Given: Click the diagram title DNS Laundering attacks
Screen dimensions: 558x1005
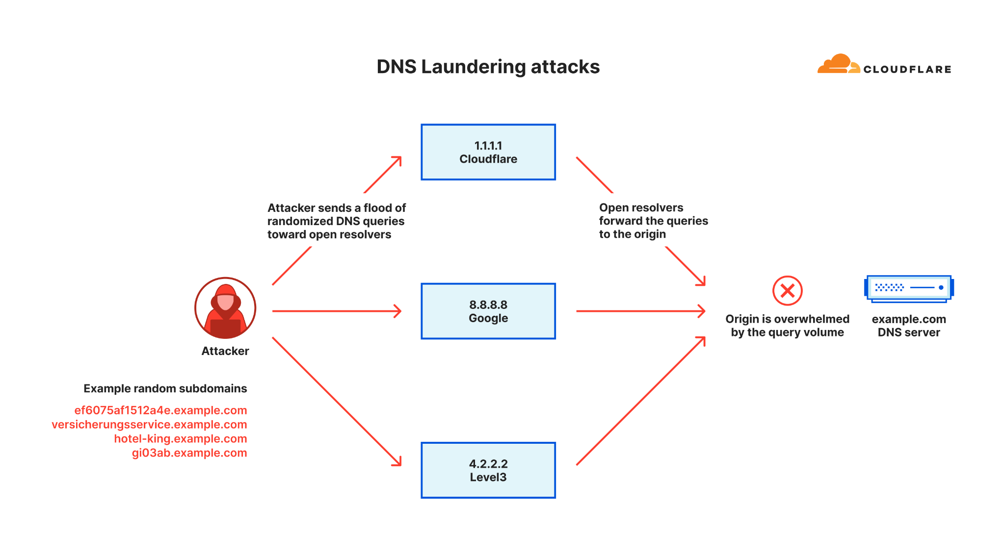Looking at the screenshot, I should tap(488, 67).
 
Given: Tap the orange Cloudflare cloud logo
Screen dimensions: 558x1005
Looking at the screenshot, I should tap(838, 64).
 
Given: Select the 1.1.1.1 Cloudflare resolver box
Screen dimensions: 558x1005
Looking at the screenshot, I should tap(488, 152).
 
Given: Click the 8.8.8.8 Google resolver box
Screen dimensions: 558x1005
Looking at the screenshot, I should tap(488, 311).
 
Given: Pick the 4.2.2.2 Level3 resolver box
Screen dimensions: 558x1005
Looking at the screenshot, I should tap(488, 470).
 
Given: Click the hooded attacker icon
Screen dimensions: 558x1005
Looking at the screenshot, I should tap(225, 308).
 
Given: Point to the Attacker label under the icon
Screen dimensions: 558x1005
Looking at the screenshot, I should tap(225, 351).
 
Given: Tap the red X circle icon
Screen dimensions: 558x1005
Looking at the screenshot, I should tap(787, 291).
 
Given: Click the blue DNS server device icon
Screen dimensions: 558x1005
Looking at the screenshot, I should tap(908, 288).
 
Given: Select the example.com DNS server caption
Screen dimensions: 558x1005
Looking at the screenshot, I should tap(909, 326).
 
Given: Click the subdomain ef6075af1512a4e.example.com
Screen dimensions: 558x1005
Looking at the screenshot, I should tap(160, 410).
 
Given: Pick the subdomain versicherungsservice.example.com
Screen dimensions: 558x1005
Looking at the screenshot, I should tap(149, 425).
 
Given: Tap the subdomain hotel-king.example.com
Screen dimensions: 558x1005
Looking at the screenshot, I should tap(181, 439).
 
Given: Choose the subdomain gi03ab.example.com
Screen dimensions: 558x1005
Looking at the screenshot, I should tap(189, 453).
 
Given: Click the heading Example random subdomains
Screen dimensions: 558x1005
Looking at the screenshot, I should tap(165, 389).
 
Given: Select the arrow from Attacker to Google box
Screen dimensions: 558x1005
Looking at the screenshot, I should tap(336, 311).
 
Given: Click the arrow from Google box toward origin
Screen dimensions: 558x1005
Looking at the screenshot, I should tap(640, 311).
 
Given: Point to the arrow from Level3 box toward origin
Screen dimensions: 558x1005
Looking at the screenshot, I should tap(640, 401).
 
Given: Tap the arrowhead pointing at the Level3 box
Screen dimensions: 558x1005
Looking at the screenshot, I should tap(397, 461).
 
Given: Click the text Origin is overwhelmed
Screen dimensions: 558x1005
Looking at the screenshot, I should tap(787, 319).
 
